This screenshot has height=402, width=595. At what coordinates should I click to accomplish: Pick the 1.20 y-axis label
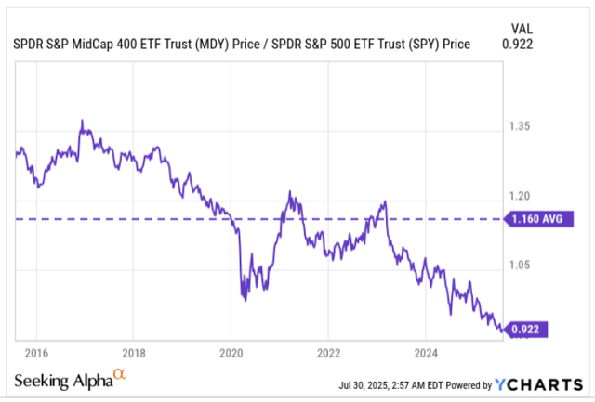[521, 196]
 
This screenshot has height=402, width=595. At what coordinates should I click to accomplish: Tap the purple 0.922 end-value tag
[528, 327]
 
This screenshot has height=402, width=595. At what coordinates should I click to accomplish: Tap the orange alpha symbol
[119, 376]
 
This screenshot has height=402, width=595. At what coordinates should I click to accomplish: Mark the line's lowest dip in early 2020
[245, 299]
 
